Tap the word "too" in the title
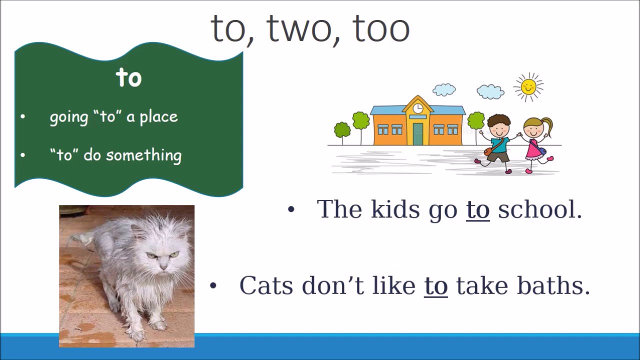coord(381,28)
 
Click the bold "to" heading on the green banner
coord(128,77)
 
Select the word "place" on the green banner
coord(158,117)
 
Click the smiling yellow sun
coord(528,87)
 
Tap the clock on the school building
coord(418,108)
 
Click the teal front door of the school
coord(418,133)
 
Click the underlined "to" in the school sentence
coord(477,209)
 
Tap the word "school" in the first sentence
coord(540,209)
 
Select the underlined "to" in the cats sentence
coord(435,286)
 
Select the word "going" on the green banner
coord(69,117)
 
